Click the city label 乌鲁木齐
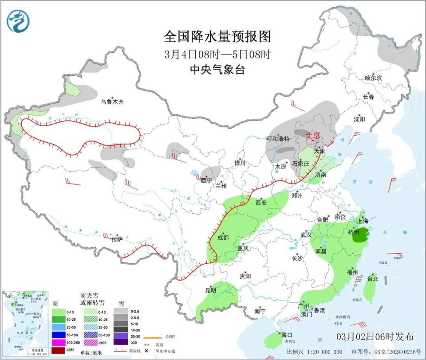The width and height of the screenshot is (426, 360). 112,102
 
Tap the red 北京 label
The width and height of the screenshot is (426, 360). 313,135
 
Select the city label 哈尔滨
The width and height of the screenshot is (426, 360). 373,78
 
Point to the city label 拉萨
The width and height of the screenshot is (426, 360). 117,239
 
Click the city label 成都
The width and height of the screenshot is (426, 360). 223,238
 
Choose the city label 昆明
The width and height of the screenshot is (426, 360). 210,290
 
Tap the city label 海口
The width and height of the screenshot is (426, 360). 287,334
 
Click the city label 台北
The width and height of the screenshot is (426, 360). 372,279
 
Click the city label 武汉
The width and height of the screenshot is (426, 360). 306,235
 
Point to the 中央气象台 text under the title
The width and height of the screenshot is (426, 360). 217,70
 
